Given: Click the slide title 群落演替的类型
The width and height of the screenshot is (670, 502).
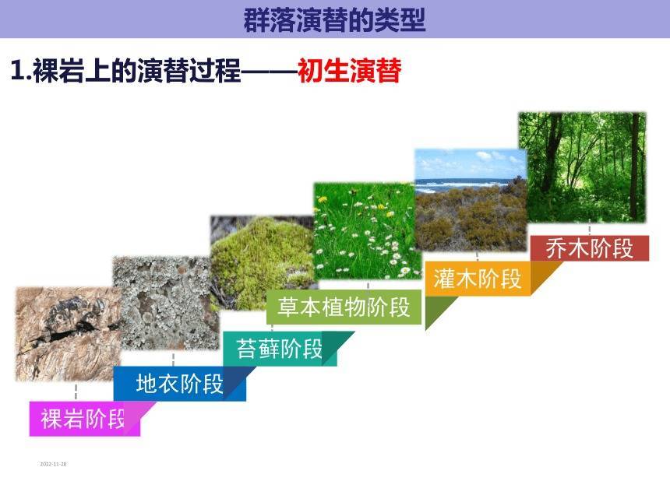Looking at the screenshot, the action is point(334,19).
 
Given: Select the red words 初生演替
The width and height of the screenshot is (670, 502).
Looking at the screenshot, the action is point(350,70).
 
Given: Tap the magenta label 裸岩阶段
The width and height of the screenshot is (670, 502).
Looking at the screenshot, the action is point(83,419).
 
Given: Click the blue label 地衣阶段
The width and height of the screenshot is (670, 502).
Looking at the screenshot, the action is point(179,384).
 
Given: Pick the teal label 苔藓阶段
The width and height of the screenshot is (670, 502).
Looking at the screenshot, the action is point(280,349).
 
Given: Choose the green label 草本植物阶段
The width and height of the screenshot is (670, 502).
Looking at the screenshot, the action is point(344,307).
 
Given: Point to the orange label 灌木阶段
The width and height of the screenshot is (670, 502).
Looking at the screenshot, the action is point(478,279).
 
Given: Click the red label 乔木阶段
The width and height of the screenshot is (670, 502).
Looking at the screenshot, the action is point(590,248).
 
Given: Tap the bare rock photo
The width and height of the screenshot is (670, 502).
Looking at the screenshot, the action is point(69,334).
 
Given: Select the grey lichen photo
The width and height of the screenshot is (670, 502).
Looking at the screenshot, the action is point(166,303).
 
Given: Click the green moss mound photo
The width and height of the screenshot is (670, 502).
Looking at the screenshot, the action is point(263,262).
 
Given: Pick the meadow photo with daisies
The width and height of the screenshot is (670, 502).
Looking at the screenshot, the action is point(368,231).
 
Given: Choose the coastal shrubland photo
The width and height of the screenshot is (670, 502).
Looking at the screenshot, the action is point(471,200).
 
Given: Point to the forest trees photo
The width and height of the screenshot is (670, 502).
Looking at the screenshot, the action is point(583,167).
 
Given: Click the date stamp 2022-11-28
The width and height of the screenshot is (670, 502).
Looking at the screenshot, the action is point(53,464).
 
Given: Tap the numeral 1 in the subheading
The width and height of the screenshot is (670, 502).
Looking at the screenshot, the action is point(17,70).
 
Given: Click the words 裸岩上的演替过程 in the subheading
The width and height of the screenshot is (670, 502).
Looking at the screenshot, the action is point(137,70).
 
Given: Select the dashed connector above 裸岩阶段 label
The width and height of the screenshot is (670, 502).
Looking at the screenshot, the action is point(76,391).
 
